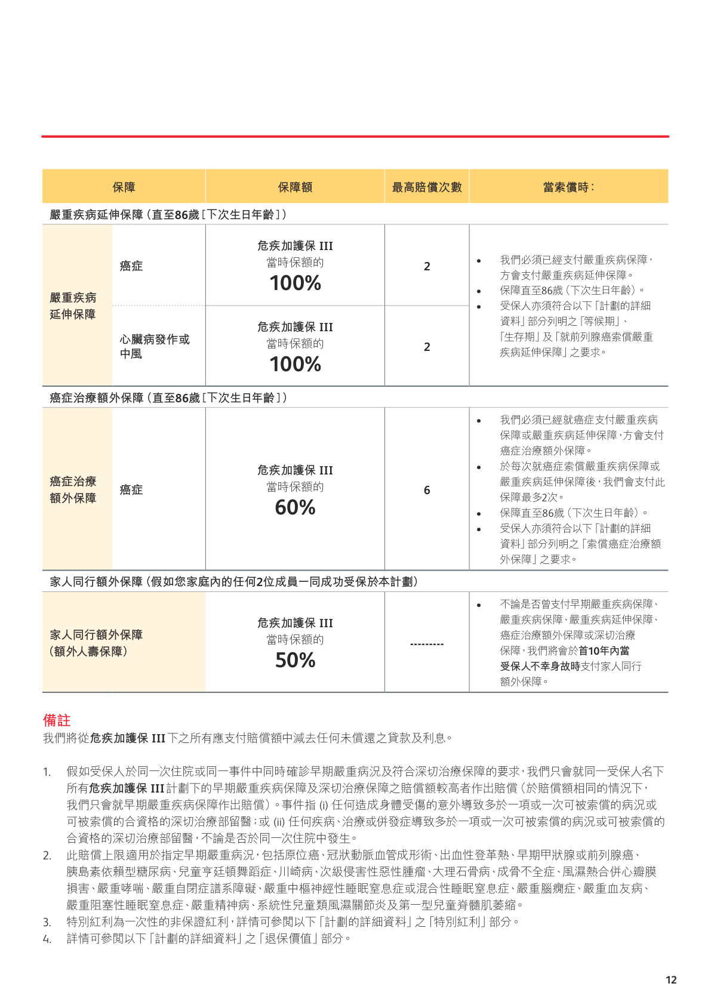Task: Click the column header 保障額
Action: coord(295,187)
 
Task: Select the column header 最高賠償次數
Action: coord(427,187)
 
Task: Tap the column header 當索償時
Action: coord(568,187)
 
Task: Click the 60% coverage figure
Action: coord(295,508)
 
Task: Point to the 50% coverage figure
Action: coord(295,661)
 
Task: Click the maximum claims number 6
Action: coord(427,490)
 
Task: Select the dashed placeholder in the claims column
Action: coord(427,645)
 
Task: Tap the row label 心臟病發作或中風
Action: coord(155,346)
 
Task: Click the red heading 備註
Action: coord(57,720)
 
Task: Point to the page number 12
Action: coord(671,980)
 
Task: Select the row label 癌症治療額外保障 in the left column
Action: coord(73,489)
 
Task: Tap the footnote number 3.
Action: coord(47,923)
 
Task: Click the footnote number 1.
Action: coord(47,772)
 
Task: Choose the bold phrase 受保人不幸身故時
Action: coord(540,666)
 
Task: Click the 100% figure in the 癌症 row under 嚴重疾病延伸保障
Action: coord(295,283)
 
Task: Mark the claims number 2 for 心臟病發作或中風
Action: coord(427,347)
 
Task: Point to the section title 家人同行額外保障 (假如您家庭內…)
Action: coord(233,581)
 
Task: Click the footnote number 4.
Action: coord(47,939)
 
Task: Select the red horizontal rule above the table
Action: coord(355,137)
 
